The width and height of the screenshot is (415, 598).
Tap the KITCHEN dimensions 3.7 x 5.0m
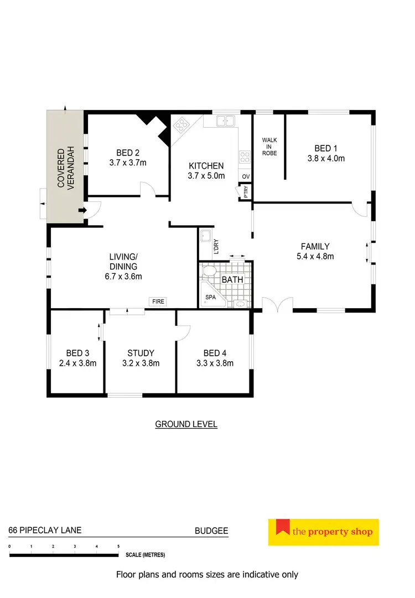click(206, 176)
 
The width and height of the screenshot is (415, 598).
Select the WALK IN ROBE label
click(269, 146)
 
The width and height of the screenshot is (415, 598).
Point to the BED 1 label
click(325, 148)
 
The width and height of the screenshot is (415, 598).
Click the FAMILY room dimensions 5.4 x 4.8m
click(315, 256)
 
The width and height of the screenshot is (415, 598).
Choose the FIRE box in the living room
click(158, 301)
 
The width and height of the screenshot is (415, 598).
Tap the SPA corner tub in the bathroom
click(211, 298)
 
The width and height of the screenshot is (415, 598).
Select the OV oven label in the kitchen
click(246, 176)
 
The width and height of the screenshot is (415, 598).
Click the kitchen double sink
click(226, 120)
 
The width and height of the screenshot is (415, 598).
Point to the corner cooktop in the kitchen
click(180, 127)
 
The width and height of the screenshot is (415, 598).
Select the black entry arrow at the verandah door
click(82, 210)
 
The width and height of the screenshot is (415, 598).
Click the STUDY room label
click(141, 353)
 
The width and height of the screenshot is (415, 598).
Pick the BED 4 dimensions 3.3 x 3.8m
click(215, 363)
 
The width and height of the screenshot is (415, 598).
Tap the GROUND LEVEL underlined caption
click(186, 424)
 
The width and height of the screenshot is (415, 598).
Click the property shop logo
click(323, 532)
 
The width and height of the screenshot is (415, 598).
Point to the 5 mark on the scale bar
click(118, 547)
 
